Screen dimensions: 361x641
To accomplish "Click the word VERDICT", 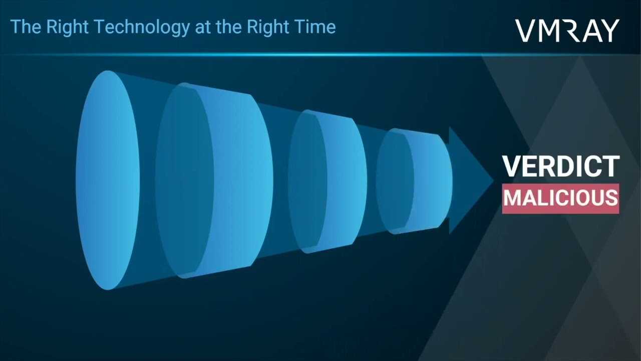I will click(x=561, y=166).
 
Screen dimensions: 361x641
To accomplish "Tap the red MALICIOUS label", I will click(x=560, y=199).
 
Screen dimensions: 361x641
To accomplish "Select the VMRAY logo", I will click(x=567, y=31).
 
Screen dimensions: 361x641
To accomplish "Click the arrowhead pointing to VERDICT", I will click(x=471, y=180).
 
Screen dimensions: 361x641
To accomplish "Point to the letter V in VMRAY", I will click(x=526, y=31).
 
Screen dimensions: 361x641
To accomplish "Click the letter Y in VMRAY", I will click(x=609, y=31).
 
